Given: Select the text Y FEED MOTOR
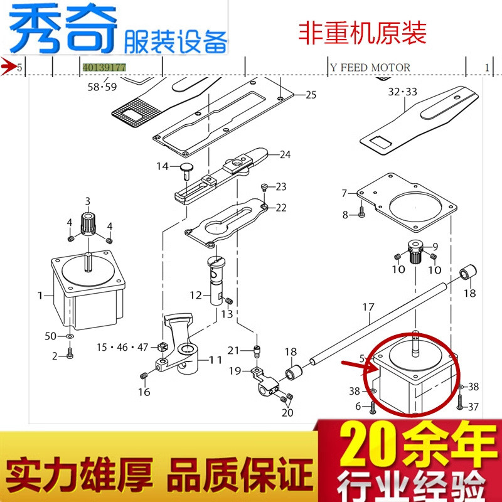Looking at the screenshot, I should pyautogui.click(x=370, y=67).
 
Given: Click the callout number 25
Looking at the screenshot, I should pyautogui.click(x=311, y=95).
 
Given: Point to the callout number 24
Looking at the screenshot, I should pyautogui.click(x=285, y=154).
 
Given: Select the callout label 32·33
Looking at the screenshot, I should pyautogui.click(x=402, y=92).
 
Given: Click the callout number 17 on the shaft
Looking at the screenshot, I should pyautogui.click(x=368, y=307).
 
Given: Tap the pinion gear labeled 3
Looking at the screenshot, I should pyautogui.click(x=88, y=222).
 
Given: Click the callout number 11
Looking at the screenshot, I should pyautogui.click(x=216, y=360).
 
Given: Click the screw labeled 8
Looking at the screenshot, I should pyautogui.click(x=362, y=215).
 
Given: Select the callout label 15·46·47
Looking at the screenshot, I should pyautogui.click(x=122, y=347).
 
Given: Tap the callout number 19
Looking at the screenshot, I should pyautogui.click(x=234, y=371).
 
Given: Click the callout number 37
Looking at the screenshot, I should pyautogui.click(x=473, y=407).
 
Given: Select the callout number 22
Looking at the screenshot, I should pyautogui.click(x=280, y=208).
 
